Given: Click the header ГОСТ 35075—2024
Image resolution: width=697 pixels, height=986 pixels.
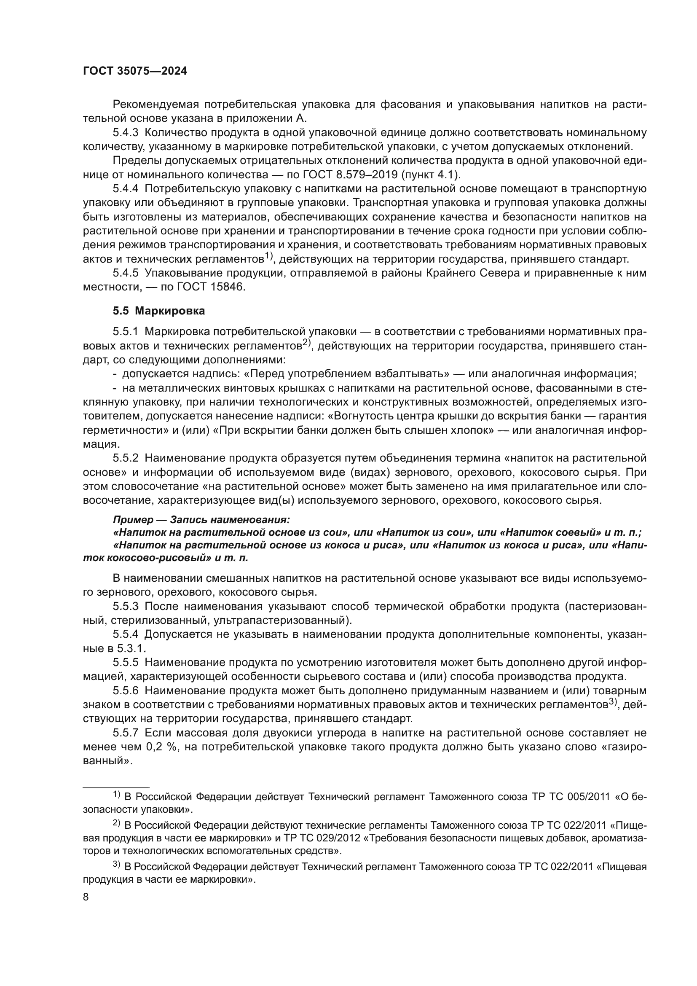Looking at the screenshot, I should coord(135,71).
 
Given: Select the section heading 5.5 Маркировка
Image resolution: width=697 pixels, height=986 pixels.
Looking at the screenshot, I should coord(159,311).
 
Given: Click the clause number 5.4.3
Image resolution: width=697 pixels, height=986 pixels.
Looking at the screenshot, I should coord(126,133).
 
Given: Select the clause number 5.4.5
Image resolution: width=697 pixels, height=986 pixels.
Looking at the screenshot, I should coord(126,273).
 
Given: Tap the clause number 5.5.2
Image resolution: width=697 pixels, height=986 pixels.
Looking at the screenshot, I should coord(126,458).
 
